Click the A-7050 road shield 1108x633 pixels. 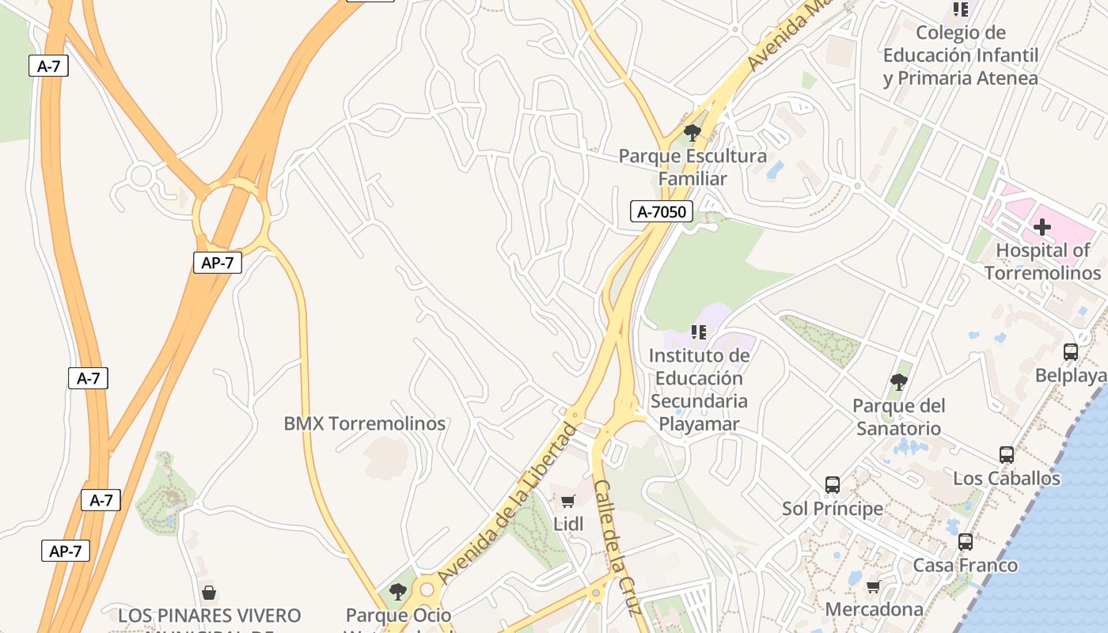tap(662, 211)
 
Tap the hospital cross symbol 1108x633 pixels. tap(1042, 228)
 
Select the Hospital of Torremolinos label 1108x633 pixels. tap(1042, 262)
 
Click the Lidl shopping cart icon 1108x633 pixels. tap(567, 501)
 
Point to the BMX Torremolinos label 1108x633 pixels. tap(365, 423)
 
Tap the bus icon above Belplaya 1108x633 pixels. tap(1070, 351)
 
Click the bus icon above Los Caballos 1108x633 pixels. tap(1006, 455)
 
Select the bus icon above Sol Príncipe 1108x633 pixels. tap(832, 484)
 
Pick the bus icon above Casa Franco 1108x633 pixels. tap(965, 542)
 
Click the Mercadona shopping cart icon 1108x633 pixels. tap(873, 586)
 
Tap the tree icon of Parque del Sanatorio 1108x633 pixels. tap(897, 382)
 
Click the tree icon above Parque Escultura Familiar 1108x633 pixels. tap(692, 132)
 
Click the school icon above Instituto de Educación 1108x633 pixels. tap(698, 332)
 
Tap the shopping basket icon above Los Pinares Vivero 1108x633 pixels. tap(209, 592)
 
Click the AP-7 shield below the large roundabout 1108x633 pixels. tap(217, 263)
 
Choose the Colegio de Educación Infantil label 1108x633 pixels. tap(960, 55)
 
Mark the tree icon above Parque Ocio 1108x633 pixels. tap(398, 591)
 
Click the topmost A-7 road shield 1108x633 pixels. tap(48, 66)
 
